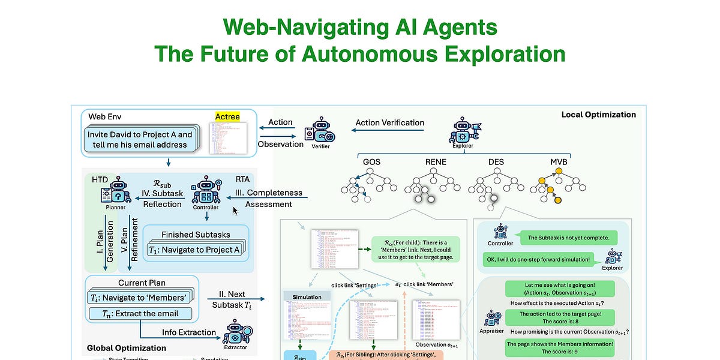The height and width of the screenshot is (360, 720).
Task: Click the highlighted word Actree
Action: tap(227, 116)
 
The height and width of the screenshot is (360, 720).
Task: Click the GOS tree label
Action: tap(371, 162)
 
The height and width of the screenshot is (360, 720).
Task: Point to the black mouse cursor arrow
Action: tap(235, 211)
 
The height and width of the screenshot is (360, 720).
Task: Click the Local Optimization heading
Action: tap(598, 114)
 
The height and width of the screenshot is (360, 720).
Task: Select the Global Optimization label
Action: tap(127, 347)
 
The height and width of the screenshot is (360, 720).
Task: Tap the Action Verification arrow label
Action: tap(389, 122)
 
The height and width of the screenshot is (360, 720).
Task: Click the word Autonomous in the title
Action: tap(359, 54)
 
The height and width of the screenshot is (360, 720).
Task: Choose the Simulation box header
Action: tap(307, 297)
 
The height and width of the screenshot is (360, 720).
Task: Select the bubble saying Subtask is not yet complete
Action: tap(568, 238)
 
